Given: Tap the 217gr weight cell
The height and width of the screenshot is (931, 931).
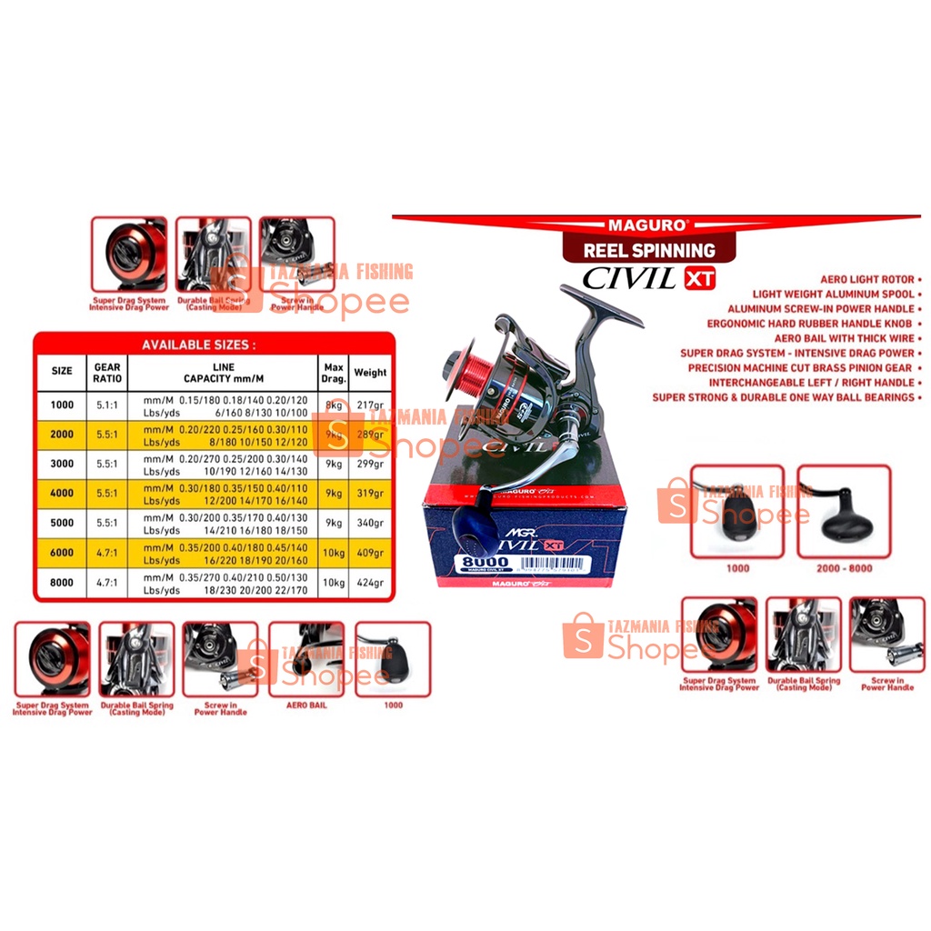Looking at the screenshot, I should coord(369,405).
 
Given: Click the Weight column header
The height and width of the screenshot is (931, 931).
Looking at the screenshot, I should coord(369,372).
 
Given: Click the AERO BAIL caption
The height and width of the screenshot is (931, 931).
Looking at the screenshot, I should coord(306,705).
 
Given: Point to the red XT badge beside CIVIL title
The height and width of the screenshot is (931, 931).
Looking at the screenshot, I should coord(699,279).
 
